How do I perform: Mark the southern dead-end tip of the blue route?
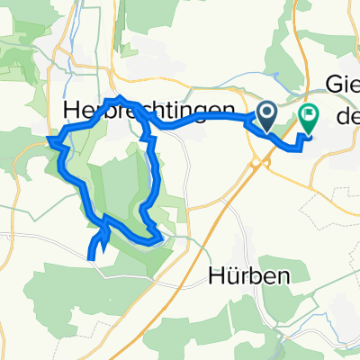93,258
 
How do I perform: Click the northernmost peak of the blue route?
117,97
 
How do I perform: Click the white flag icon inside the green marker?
309,114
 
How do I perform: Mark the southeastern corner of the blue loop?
160,238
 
